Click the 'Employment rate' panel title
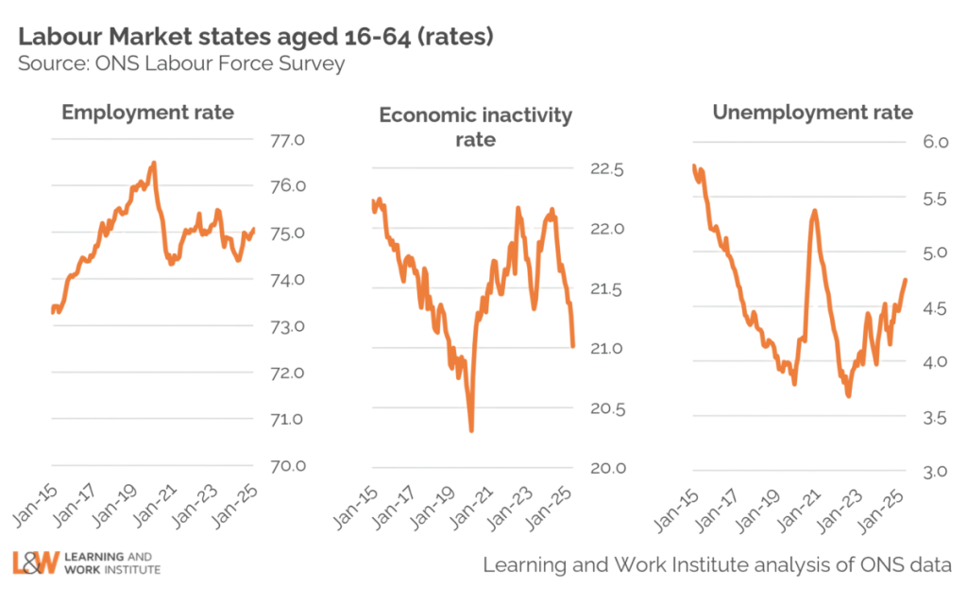click(x=147, y=113)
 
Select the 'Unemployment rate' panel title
click(x=813, y=113)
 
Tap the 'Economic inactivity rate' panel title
click(x=475, y=128)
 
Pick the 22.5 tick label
click(x=606, y=170)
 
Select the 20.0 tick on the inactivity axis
click(x=606, y=468)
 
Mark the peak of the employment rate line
click(x=154, y=163)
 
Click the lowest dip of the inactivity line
click(x=471, y=431)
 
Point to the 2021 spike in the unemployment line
click(x=814, y=210)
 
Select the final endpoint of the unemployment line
click(x=907, y=279)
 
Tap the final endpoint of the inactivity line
click(x=574, y=346)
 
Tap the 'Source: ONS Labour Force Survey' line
click(x=180, y=64)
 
